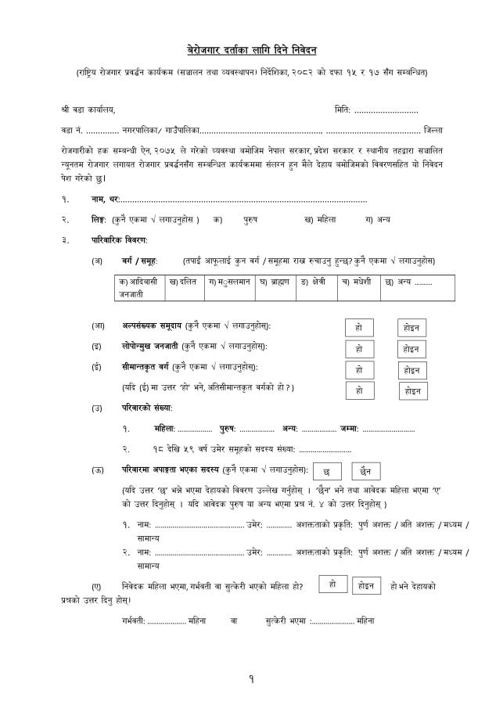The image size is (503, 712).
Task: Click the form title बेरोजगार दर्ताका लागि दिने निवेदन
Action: (x=251, y=49)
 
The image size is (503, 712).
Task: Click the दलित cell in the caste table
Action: (x=185, y=282)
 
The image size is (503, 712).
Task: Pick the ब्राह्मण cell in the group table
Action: (x=275, y=282)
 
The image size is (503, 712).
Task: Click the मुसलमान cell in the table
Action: (x=229, y=282)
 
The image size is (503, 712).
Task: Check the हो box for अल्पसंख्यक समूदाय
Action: (x=359, y=328)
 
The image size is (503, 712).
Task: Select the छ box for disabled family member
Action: (x=326, y=472)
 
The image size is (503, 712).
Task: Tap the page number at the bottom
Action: (x=251, y=679)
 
